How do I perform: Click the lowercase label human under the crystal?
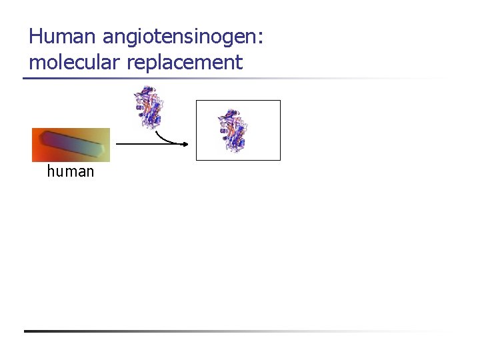71,172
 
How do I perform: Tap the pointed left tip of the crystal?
42,136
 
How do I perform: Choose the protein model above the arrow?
148,106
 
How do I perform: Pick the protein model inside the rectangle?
233,131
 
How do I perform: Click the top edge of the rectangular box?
238,101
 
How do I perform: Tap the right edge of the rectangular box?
280,130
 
